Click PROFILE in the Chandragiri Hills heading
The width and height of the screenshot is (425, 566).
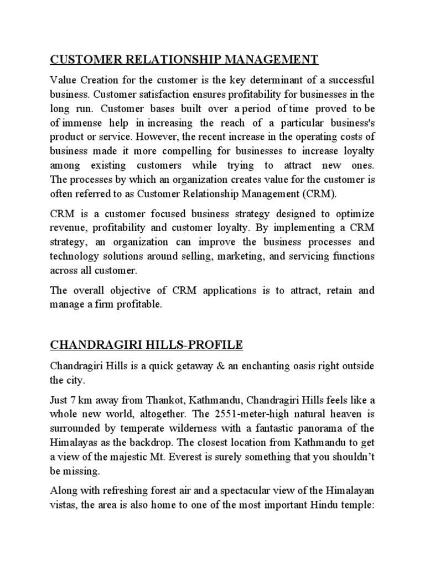214,345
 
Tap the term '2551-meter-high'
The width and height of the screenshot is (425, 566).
241,415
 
